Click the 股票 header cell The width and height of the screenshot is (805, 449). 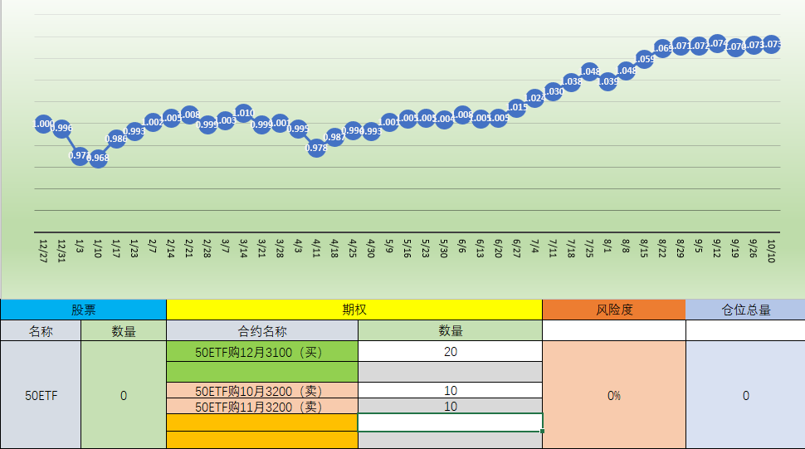click(x=83, y=310)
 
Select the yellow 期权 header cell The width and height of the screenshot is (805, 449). click(x=354, y=310)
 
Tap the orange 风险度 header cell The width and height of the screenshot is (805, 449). click(x=614, y=310)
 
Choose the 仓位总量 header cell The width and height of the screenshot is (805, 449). click(x=745, y=310)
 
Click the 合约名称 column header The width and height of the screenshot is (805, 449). click(x=262, y=330)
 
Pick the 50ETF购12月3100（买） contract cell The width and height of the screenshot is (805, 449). click(x=262, y=352)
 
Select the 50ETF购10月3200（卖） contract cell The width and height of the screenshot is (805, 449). click(x=262, y=390)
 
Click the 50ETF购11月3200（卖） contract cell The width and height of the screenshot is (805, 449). click(x=262, y=407)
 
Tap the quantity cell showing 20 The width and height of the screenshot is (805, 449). click(x=451, y=352)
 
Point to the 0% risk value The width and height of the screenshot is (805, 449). click(x=614, y=396)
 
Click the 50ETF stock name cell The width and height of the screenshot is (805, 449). click(x=41, y=396)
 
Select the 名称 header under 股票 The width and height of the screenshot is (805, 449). click(x=41, y=330)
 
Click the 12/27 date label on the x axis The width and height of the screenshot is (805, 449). click(x=43, y=250)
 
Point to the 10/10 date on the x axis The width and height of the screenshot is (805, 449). click(x=772, y=250)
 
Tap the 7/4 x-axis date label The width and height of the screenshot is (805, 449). click(x=535, y=246)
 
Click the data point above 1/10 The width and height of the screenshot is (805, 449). click(x=98, y=158)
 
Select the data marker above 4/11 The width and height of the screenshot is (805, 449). click(x=316, y=148)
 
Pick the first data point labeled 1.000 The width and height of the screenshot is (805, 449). click(x=44, y=124)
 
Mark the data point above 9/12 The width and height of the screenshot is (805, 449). click(x=717, y=43)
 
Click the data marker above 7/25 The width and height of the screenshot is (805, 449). click(x=590, y=71)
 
